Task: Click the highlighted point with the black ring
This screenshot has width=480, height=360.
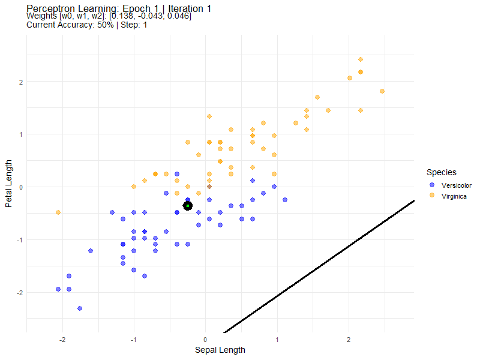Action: [x=188, y=206]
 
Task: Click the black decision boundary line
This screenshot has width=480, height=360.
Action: [x=318, y=267]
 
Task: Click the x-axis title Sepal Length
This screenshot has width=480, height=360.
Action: [x=220, y=350]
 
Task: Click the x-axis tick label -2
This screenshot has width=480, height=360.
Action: [x=62, y=340]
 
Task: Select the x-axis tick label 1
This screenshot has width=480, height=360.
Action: [x=277, y=340]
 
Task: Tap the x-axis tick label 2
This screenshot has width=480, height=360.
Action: [x=349, y=340]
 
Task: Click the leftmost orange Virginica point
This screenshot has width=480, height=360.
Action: [x=58, y=212]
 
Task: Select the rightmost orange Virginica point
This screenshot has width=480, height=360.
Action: [x=382, y=91]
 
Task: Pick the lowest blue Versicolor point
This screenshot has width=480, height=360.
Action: [x=80, y=308]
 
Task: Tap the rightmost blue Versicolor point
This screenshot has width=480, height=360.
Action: [x=285, y=200]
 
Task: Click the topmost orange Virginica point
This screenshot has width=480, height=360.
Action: [x=361, y=59]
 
